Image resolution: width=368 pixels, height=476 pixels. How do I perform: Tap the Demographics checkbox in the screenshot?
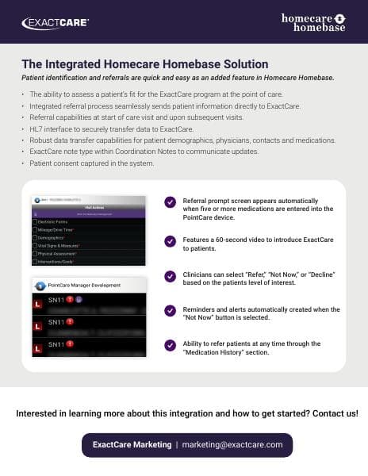35,237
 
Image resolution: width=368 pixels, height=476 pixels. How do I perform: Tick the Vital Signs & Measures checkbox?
35,246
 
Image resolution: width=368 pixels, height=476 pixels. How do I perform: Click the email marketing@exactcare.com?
232,445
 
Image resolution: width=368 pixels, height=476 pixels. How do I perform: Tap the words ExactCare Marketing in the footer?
131,445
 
